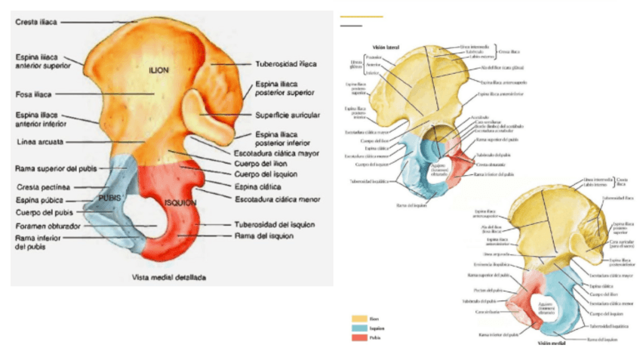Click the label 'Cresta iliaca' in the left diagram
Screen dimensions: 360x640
coord(36,22)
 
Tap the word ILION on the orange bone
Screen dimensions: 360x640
coord(158,70)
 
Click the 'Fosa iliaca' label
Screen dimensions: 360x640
coord(33,94)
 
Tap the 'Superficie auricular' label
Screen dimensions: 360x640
coord(288,115)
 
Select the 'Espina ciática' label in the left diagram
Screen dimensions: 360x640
coord(258,186)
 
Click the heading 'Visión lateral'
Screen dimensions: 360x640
coord(375,46)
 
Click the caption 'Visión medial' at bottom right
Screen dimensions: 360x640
coord(550,343)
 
